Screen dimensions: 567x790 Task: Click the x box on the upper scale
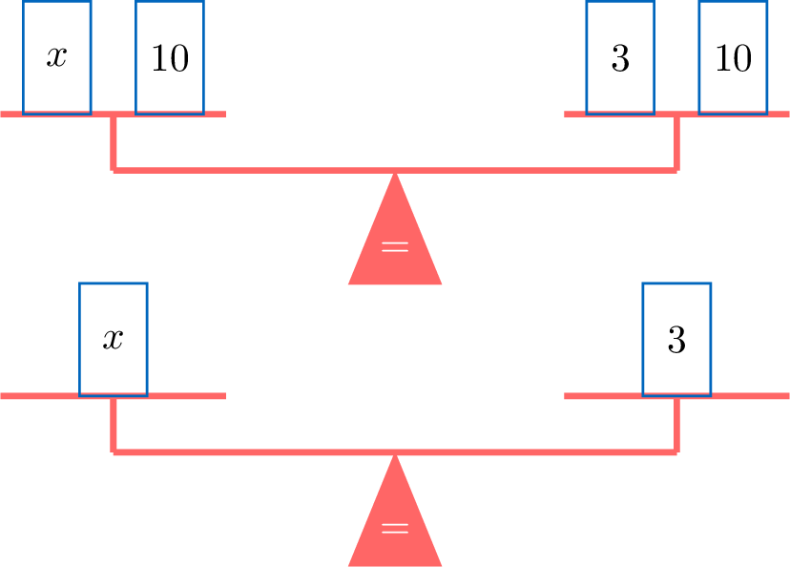57,57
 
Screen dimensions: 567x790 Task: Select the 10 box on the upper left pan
170,57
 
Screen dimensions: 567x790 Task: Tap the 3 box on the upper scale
620,57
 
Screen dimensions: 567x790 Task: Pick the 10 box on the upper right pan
733,57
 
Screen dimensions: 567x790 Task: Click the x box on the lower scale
114,339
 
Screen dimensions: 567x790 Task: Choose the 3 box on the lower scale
676,339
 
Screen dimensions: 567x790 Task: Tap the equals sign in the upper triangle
395,247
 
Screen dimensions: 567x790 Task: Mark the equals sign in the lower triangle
395,529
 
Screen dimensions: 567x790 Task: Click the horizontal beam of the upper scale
286,170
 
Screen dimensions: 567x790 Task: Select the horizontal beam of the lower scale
286,451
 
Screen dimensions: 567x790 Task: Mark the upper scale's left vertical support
114,143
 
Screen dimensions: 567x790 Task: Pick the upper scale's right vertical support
676,143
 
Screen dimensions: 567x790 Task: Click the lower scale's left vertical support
114,425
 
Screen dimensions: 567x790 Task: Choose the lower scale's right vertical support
676,425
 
